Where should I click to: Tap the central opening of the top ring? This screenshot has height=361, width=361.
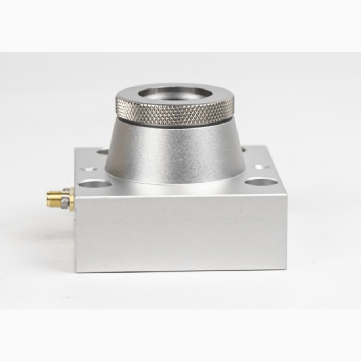pyautogui.click(x=175, y=92)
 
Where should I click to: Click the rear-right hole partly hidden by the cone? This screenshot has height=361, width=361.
pyautogui.click(x=244, y=149)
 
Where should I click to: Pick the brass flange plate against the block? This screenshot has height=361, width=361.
pyautogui.click(x=72, y=199)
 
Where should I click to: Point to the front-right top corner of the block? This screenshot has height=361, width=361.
pyautogui.click(x=286, y=195)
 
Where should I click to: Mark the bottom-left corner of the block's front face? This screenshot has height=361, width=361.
pyautogui.click(x=76, y=271)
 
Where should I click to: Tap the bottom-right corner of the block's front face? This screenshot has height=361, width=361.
pyautogui.click(x=286, y=269)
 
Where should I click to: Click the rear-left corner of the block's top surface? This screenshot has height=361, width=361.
pyautogui.click(x=76, y=148)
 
